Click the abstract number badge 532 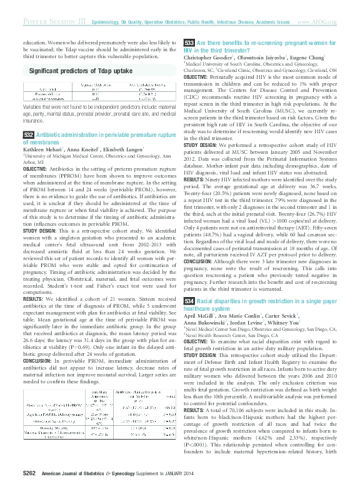28,134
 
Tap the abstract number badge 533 189,43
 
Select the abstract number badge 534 189,301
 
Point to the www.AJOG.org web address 317,22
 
